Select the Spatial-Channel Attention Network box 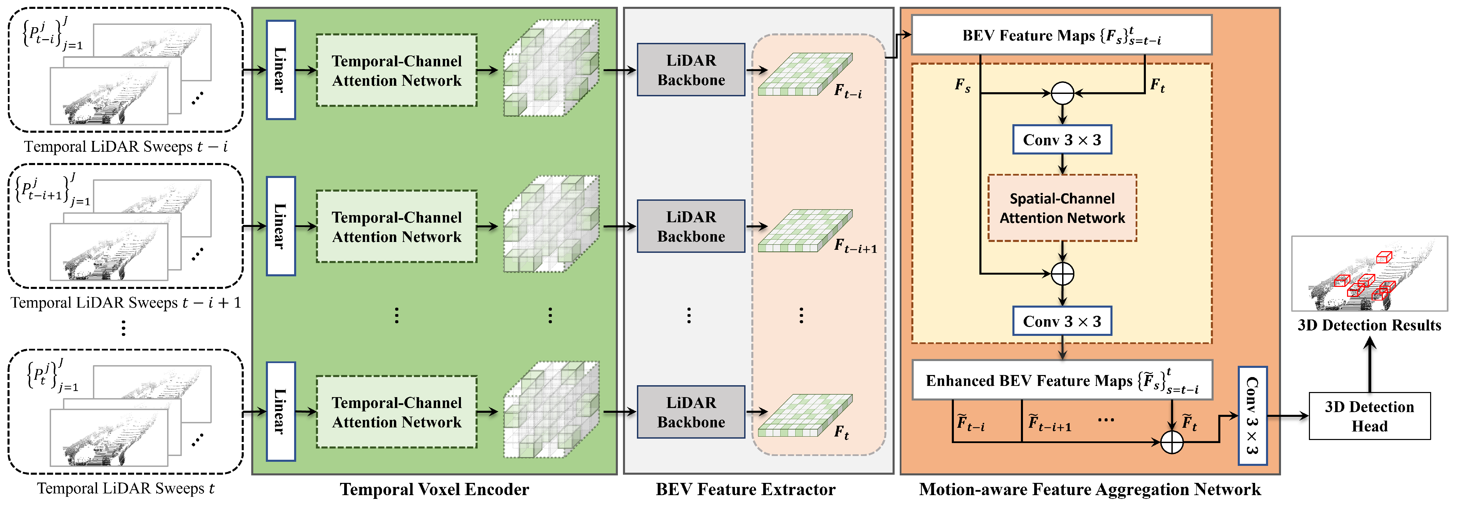[1062, 208]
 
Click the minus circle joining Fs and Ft [1062, 93]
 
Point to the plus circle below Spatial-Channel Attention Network [1062, 274]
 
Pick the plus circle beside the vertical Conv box [1171, 442]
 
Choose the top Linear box [281, 70]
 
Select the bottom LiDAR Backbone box [691, 412]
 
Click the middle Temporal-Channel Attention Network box [397, 226]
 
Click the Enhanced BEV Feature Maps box [1062, 380]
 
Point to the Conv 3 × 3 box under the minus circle [1062, 140]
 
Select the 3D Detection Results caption [1369, 325]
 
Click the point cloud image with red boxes [1369, 274]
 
